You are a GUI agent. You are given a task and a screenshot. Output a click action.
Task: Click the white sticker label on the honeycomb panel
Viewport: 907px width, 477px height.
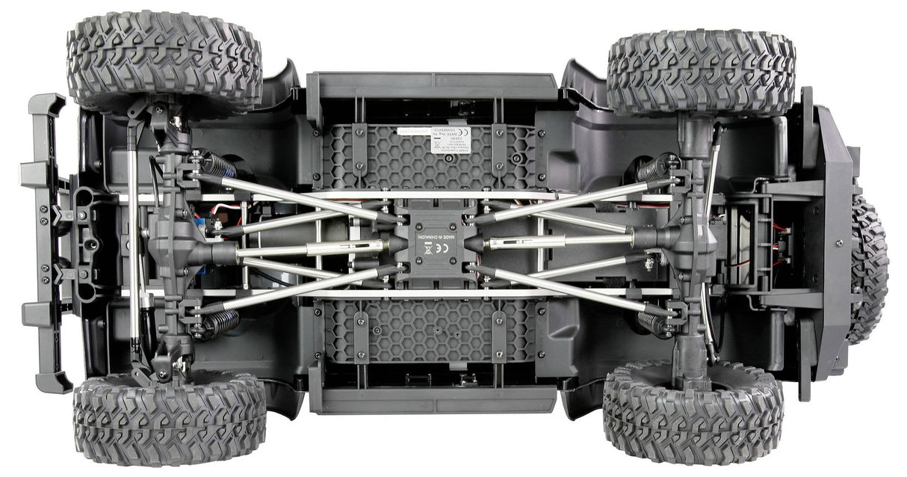click(450, 138)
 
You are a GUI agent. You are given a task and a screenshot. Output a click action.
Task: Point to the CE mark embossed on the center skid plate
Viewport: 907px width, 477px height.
click(427, 250)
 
